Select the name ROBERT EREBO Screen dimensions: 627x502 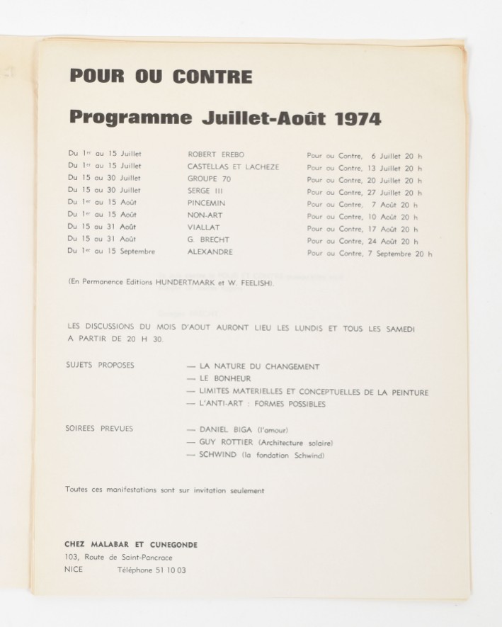tap(214, 154)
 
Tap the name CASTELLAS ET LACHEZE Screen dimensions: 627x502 tap(233, 166)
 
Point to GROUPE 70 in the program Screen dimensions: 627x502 tap(209, 179)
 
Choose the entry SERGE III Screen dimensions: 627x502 tap(205, 191)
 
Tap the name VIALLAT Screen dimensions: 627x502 tap(205, 227)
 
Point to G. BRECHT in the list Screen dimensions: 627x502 tap(208, 240)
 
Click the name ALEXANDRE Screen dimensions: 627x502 tap(210, 252)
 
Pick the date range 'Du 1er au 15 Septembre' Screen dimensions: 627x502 tap(111, 252)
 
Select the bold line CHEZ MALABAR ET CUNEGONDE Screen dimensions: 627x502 tap(132, 544)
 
